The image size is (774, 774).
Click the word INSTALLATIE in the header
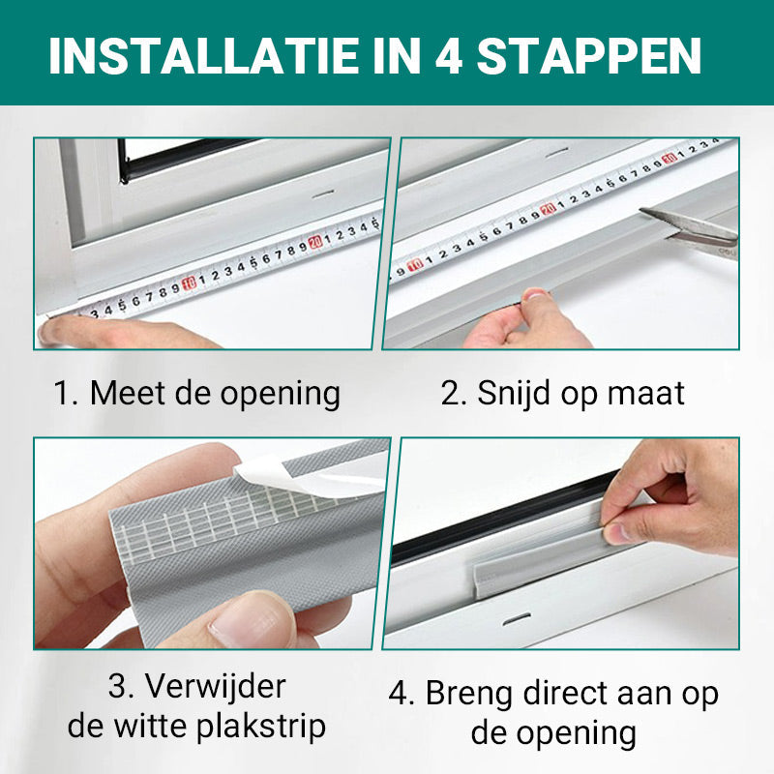[x=204, y=55]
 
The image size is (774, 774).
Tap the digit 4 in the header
[x=449, y=55]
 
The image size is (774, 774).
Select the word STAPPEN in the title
[x=589, y=55]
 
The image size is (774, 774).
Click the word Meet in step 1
[x=128, y=393]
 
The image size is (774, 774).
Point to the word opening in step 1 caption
[x=280, y=396]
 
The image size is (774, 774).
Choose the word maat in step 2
[x=646, y=394]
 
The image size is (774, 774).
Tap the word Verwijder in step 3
[x=215, y=687]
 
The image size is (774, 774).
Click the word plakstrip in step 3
[x=261, y=728]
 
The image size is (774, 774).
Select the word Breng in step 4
[x=469, y=695]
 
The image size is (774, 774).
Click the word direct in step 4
[x=565, y=693]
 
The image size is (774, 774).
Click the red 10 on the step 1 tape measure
[x=189, y=283]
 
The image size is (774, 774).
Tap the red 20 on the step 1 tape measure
[x=314, y=242]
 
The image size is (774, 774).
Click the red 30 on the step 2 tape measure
[x=670, y=158]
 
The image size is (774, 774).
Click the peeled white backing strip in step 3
[x=311, y=475]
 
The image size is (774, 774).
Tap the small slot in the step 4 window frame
[x=517, y=619]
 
